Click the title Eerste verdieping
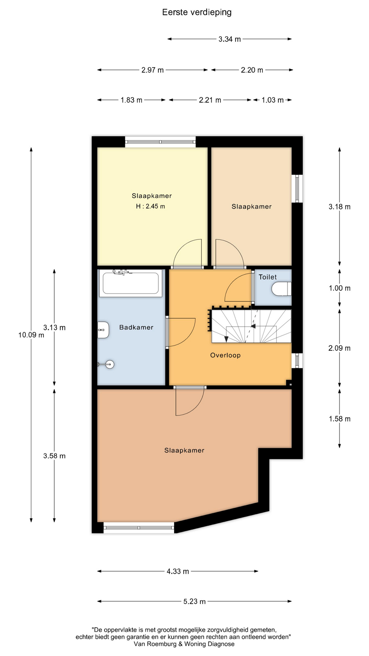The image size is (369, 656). [x=197, y=13]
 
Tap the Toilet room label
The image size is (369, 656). [x=268, y=277]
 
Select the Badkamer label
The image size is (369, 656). [x=136, y=327]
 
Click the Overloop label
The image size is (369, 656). [x=225, y=355]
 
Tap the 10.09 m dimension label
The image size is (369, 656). [x=31, y=335]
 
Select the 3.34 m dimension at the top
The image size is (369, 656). [x=230, y=39]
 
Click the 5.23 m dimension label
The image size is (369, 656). [x=194, y=601]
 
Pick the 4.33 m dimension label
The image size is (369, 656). [x=178, y=571]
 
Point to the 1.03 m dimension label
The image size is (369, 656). [x=273, y=100]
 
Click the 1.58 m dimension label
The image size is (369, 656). [x=340, y=419]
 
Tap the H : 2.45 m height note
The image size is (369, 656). [x=150, y=206]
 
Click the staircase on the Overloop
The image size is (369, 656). [x=251, y=326]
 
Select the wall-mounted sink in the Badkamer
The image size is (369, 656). [x=103, y=330]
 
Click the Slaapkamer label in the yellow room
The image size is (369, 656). [x=152, y=196]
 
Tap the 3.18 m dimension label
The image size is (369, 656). [x=340, y=207]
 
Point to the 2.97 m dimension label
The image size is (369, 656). [x=152, y=70]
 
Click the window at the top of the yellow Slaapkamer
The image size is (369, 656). [x=160, y=142]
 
